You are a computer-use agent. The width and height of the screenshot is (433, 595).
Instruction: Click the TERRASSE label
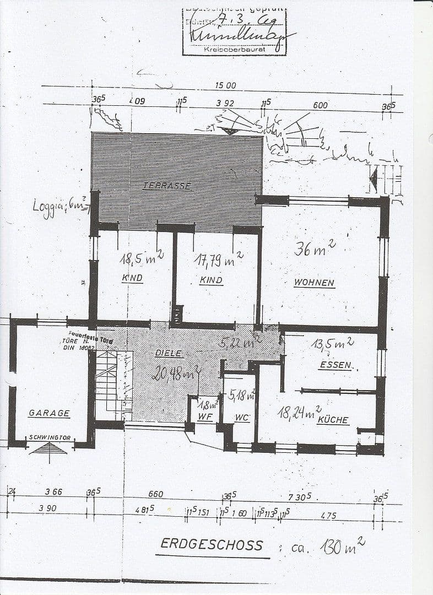166,186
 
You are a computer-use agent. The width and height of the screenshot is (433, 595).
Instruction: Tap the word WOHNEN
314,283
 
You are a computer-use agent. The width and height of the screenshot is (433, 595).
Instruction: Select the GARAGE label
49,413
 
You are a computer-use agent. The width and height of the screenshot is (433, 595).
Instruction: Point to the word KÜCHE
333,420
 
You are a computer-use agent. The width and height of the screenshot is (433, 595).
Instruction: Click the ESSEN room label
335,365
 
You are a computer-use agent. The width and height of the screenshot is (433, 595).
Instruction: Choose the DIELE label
169,354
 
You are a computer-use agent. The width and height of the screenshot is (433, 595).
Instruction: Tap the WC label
242,418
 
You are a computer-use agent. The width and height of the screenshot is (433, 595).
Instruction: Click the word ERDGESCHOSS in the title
212,544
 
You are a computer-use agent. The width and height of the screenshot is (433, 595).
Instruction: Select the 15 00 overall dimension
225,85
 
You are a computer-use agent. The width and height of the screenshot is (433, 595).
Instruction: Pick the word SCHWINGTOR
50,437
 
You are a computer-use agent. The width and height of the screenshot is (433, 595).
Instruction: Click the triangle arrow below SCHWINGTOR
48,448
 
